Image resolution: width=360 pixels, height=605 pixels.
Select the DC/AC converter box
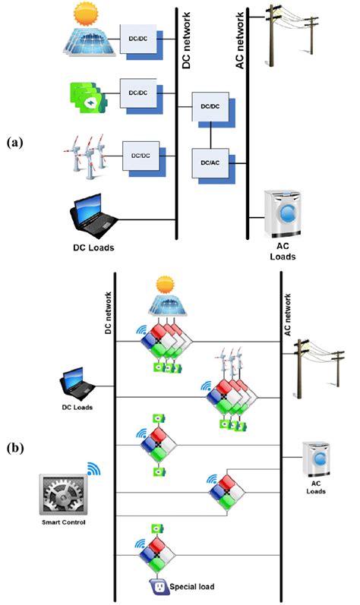(207, 161)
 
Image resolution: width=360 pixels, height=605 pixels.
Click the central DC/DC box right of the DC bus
(207, 108)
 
